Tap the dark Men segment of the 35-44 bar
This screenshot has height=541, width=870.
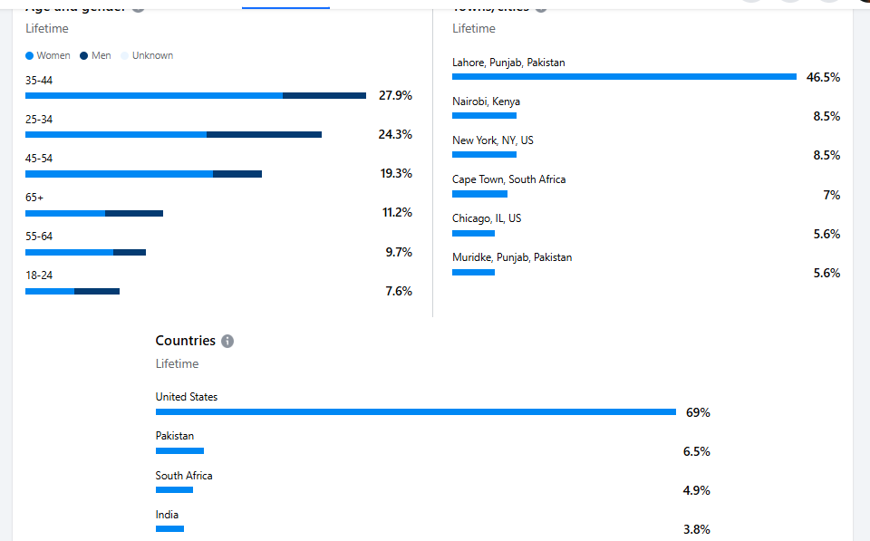pos(324,95)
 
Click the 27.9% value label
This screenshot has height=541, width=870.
pos(395,95)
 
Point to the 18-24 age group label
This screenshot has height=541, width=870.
pos(39,275)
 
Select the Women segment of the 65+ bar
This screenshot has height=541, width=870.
pos(65,213)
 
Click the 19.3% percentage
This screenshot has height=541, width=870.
pos(395,173)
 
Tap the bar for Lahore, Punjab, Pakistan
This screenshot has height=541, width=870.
pos(624,77)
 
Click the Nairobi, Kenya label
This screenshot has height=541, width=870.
pos(486,101)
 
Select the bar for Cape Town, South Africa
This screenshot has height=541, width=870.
pos(479,194)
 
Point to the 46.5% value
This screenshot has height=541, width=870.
pos(823,77)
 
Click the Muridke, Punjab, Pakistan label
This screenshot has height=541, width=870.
pos(512,257)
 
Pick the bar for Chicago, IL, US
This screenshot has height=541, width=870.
pos(473,233)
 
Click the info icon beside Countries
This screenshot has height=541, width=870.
pos(227,341)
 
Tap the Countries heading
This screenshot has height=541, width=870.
pos(185,341)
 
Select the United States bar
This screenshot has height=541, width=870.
pos(416,411)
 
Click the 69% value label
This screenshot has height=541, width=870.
pos(698,412)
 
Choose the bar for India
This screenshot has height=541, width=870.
pos(169,528)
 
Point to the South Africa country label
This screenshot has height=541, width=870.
pos(184,476)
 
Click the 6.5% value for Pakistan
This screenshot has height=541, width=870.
pos(696,451)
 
